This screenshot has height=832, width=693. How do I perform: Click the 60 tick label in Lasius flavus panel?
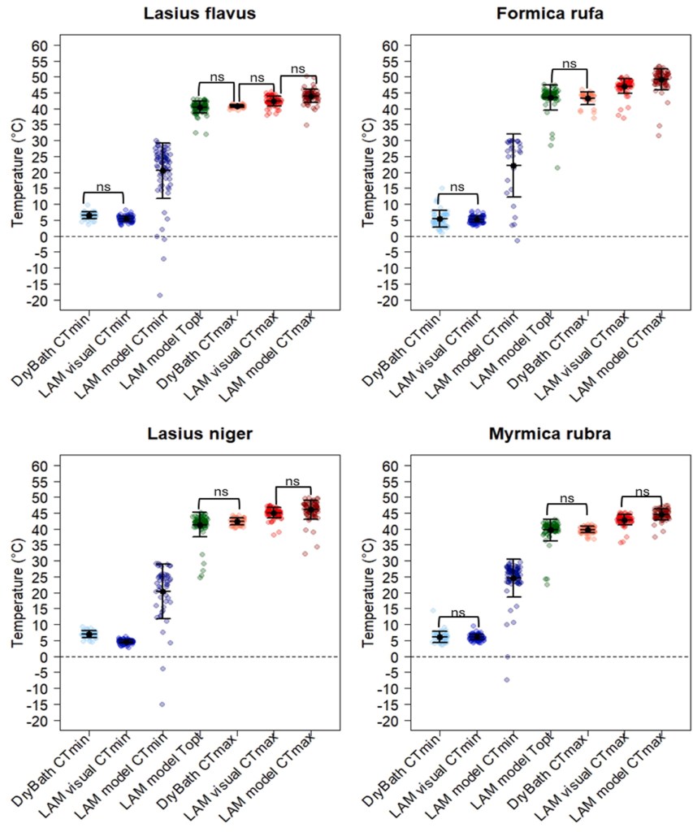40,45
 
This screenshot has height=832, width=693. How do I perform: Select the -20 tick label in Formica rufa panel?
387,301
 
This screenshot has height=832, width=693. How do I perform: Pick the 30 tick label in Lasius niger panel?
40,561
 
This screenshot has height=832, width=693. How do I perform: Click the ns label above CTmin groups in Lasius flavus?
103,187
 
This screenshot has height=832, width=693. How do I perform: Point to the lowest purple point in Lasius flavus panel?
160,295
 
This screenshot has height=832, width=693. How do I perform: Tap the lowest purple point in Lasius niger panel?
162,704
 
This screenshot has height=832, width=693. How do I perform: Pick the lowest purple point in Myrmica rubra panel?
506,679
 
